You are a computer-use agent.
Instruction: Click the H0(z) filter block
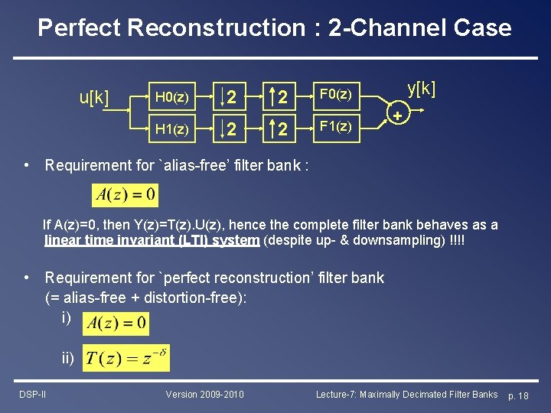[x=172, y=97]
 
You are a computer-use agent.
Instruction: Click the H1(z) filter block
[x=172, y=129]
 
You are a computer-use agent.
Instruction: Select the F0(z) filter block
[x=335, y=95]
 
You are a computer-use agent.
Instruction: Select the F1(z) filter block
[x=335, y=126]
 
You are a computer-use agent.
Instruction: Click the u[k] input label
[x=94, y=98]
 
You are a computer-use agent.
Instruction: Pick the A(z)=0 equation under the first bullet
[x=125, y=194]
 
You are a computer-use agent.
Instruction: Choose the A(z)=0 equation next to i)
[x=116, y=324]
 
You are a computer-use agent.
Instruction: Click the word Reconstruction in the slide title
[x=217, y=28]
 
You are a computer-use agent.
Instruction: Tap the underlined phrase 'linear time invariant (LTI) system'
[x=152, y=240]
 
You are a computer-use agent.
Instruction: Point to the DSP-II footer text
[x=33, y=394]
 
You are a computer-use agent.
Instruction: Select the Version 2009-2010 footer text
[x=205, y=394]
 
